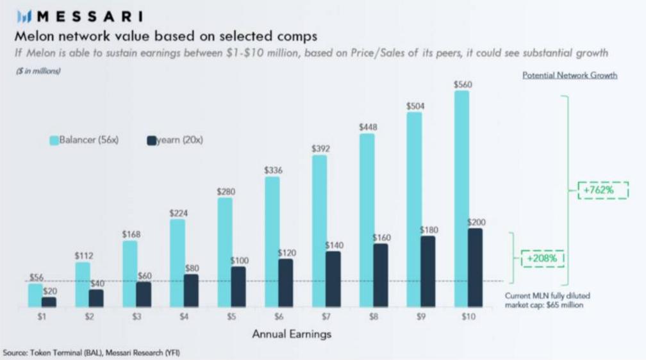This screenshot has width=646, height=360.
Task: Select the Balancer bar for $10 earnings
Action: tap(461, 199)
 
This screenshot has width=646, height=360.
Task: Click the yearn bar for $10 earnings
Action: tap(475, 267)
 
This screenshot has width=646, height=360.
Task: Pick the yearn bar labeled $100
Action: tap(238, 286)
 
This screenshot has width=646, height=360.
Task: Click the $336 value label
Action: tap(274, 170)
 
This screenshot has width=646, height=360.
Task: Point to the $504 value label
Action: tap(415, 106)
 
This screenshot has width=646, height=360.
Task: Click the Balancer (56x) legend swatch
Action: tap(54, 140)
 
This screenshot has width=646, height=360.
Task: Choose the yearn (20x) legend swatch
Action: tap(152, 140)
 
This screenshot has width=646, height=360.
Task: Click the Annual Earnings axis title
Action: tap(292, 334)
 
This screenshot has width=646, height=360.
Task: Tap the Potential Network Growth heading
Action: tap(570, 76)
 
